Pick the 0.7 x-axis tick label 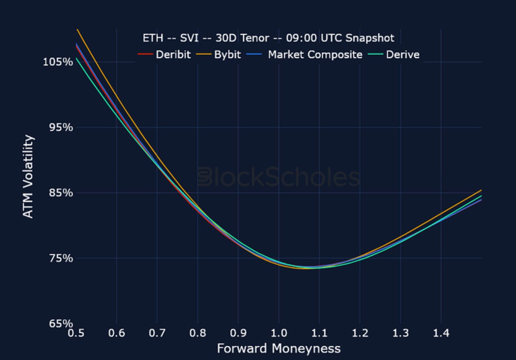(157, 333)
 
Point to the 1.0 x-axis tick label (279, 333)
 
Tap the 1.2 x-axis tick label (360, 333)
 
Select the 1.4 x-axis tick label (441, 333)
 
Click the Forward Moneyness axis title (279, 348)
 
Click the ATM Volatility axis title (28, 177)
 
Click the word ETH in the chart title (153, 38)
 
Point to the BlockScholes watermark (279, 178)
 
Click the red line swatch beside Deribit (145, 54)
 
